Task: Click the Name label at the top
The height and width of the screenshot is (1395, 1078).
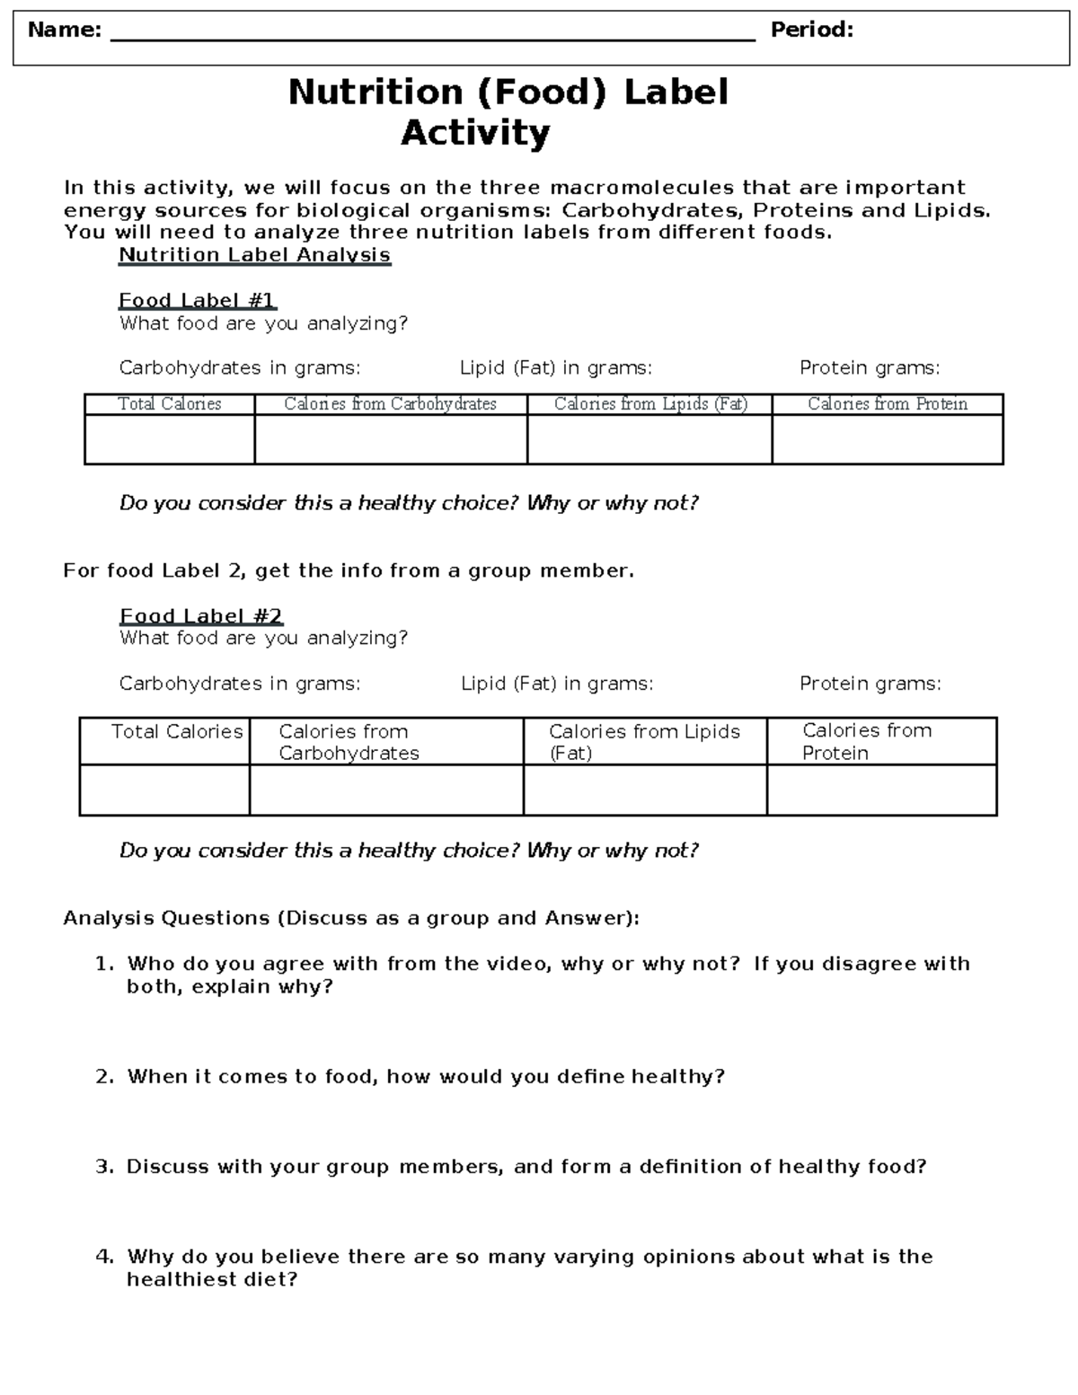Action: tap(64, 31)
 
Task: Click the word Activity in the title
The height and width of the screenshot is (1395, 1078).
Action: tap(475, 133)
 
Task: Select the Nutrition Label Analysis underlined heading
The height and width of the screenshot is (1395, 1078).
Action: tap(254, 255)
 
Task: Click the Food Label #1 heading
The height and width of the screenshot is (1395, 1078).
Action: tap(197, 300)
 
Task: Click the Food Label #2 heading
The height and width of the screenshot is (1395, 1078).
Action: tap(201, 616)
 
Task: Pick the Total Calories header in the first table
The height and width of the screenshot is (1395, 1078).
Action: tap(170, 404)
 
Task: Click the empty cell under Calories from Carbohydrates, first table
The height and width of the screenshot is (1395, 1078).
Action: tap(391, 439)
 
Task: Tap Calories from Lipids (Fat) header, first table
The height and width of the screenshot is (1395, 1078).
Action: tap(650, 404)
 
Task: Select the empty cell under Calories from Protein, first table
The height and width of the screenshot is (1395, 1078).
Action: tap(887, 439)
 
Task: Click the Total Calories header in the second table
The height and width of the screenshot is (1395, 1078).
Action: tap(177, 732)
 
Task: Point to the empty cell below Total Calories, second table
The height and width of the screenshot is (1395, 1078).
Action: tap(164, 790)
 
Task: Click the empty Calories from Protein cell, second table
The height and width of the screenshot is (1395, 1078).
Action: tap(881, 790)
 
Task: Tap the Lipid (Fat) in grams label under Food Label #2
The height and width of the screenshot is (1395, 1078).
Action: tap(557, 684)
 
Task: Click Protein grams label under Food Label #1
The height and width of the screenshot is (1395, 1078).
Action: tap(870, 368)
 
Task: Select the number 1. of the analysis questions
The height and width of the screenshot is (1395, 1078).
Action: tap(104, 965)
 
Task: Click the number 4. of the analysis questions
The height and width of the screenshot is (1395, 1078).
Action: tap(104, 1258)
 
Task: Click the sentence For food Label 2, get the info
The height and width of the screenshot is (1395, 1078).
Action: tap(349, 571)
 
